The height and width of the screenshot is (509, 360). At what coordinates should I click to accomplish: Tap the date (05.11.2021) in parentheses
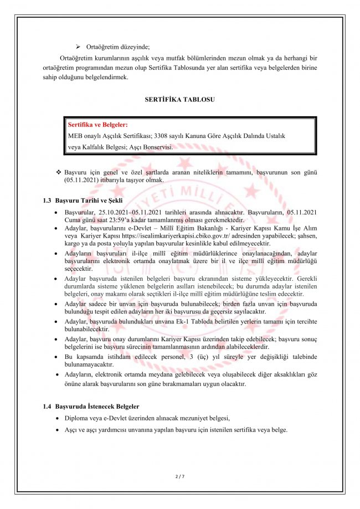tap(83, 181)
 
